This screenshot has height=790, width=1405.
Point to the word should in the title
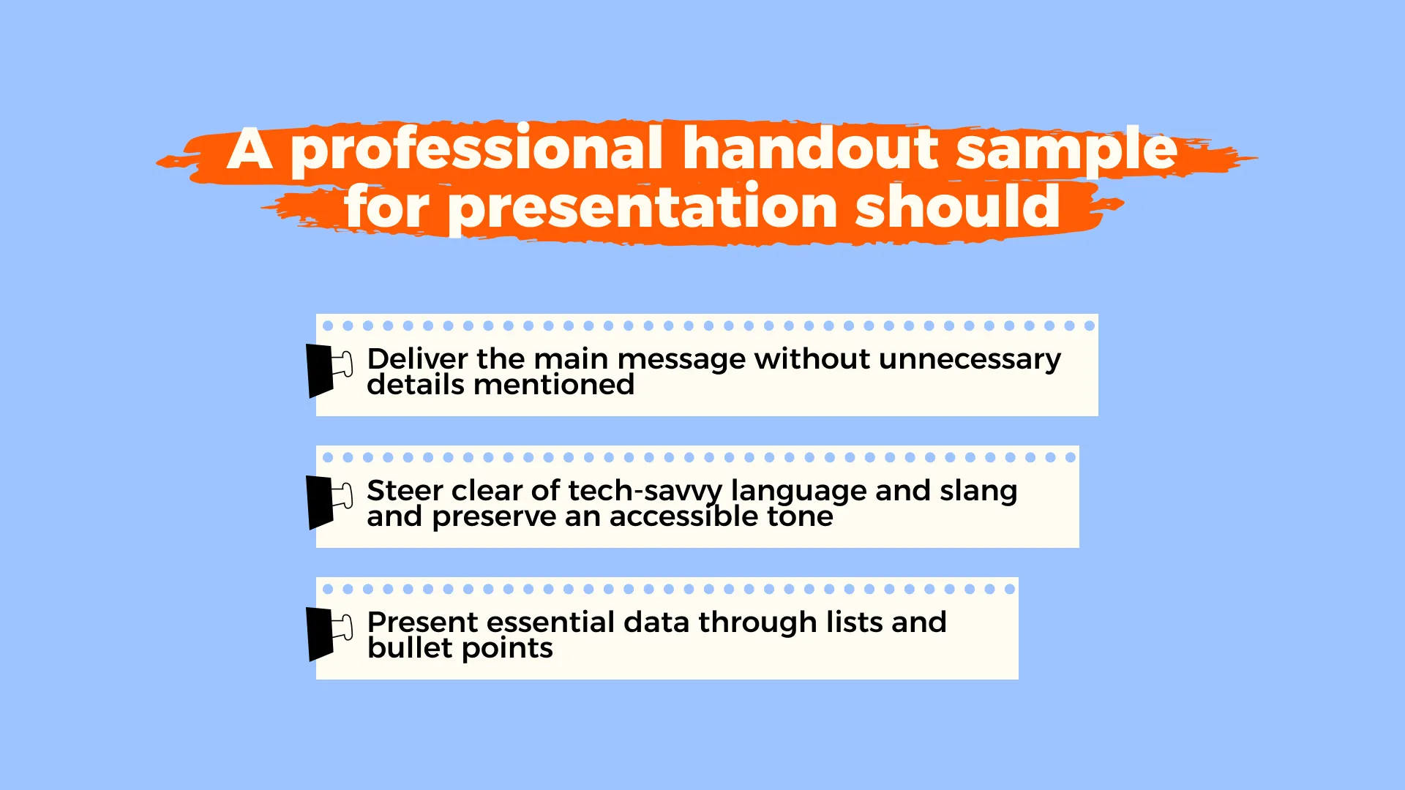958,206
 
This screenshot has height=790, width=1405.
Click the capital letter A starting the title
250,149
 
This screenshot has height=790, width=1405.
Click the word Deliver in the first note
417,358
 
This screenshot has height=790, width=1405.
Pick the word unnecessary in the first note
970,360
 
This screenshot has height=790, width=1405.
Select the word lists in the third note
854,622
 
